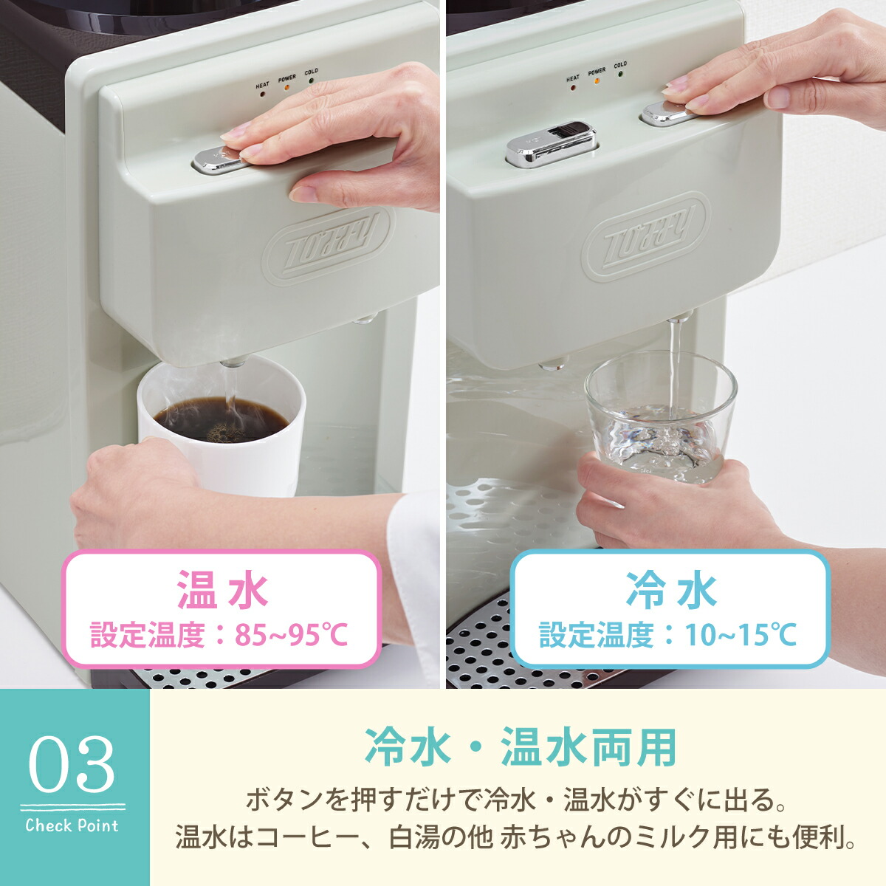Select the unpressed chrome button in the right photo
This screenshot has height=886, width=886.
[551, 143]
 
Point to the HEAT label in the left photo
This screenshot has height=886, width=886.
[262, 86]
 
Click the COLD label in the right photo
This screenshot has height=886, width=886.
[620, 65]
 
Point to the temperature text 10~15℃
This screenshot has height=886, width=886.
[741, 634]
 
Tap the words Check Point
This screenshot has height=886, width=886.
[72, 825]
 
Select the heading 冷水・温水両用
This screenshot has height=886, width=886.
[521, 747]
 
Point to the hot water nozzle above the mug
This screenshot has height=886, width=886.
[234, 363]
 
